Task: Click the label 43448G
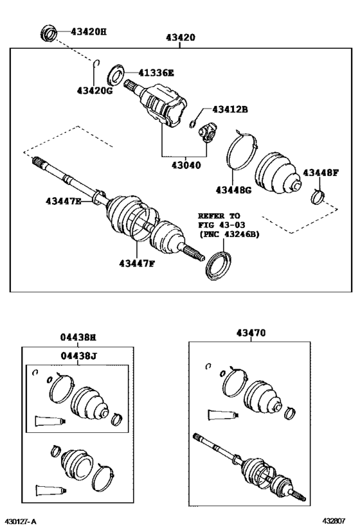234,189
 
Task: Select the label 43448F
321,172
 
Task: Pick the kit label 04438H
78,337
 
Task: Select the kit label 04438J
78,355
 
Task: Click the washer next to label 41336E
116,74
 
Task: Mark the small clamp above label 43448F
318,195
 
